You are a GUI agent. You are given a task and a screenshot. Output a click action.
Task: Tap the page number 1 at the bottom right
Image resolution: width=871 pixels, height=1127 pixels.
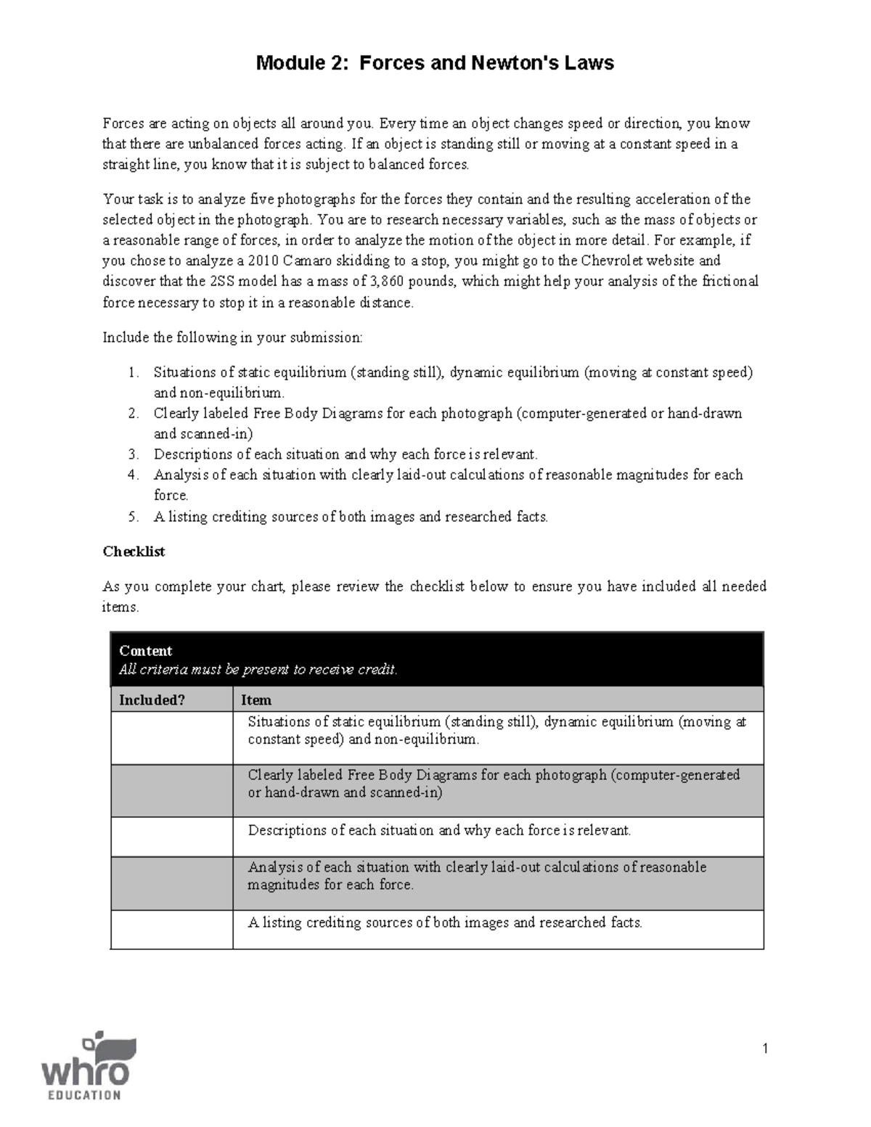[x=764, y=1048]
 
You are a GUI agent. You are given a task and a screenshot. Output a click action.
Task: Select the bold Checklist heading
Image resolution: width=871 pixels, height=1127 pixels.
[x=134, y=552]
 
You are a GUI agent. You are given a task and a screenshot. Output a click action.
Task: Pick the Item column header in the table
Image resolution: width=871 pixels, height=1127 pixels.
[x=256, y=700]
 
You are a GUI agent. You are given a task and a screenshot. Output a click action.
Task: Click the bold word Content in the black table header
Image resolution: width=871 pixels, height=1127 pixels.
[x=145, y=651]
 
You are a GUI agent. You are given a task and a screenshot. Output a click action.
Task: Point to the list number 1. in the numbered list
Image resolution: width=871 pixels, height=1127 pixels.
[x=133, y=373]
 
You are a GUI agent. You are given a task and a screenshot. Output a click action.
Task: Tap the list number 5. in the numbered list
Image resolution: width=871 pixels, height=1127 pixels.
[x=133, y=517]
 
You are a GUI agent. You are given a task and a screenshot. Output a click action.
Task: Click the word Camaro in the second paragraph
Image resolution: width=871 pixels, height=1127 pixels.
[x=308, y=261]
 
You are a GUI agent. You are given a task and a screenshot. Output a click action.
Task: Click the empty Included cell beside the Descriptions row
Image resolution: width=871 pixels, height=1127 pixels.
[x=172, y=837]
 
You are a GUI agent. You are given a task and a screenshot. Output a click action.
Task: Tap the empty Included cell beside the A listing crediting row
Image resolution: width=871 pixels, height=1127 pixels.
[x=172, y=930]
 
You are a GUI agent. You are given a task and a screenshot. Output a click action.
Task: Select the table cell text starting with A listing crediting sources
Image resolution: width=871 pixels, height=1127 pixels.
[x=445, y=923]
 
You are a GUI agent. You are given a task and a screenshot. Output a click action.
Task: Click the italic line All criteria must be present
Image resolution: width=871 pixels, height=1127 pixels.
[x=258, y=670]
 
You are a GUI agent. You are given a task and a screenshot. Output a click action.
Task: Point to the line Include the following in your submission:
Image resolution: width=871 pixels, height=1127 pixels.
[x=232, y=337]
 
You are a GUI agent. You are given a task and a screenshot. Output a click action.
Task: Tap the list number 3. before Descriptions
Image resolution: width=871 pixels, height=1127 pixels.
[x=133, y=455]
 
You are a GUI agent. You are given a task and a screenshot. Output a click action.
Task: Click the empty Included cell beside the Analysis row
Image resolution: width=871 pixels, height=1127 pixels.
[x=172, y=883]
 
